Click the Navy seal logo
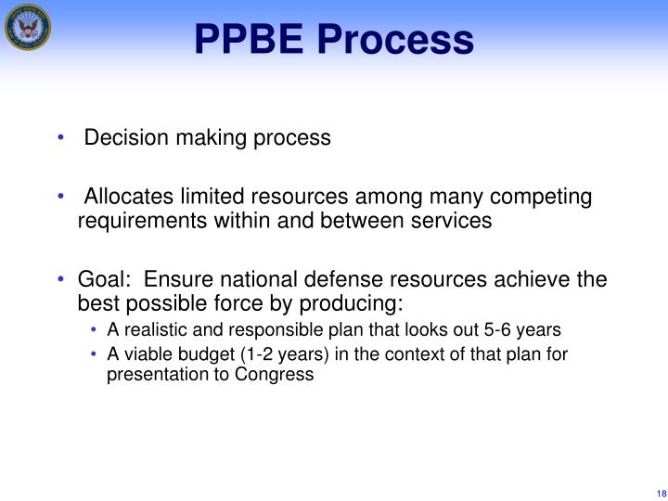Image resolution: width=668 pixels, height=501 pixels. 27,27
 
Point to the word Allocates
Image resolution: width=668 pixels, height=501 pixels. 127,198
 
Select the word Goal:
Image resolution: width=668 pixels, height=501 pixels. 105,280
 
